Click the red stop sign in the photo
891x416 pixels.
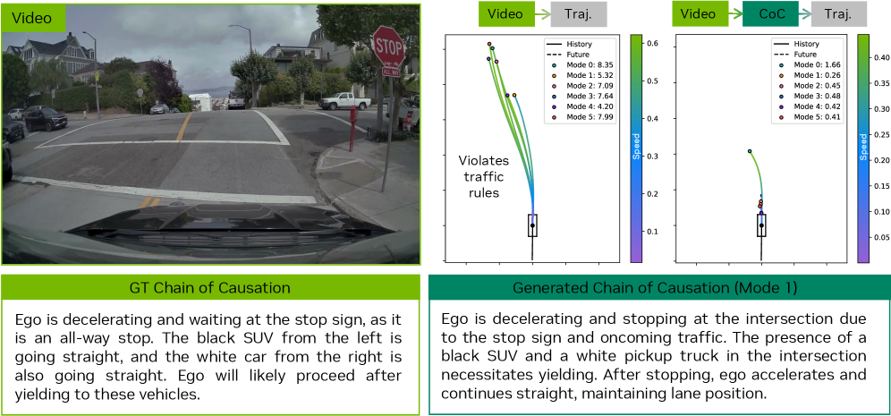(388, 47)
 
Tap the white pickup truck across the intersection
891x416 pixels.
(344, 101)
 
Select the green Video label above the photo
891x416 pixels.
(32, 18)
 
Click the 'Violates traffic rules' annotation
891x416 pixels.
(479, 177)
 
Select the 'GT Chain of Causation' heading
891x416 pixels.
(210, 287)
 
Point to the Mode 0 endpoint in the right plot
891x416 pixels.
(750, 151)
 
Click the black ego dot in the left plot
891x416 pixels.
(532, 225)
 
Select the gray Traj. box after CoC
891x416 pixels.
(839, 14)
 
